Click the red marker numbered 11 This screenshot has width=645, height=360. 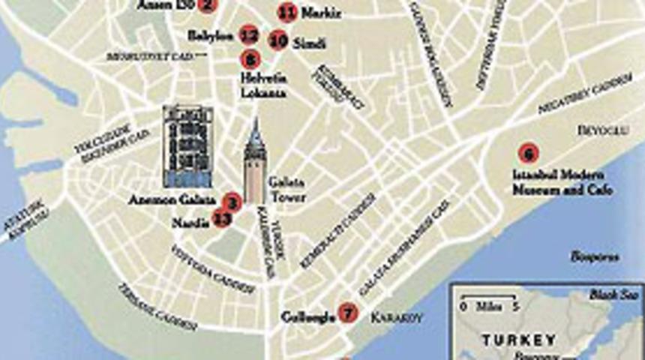286,12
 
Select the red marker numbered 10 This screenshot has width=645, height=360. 278,40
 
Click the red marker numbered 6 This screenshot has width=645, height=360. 528,154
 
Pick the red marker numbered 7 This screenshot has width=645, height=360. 346,312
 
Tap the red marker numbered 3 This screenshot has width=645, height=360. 232,201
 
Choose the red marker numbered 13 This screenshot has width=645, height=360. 221,219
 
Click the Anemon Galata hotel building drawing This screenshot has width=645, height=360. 187,146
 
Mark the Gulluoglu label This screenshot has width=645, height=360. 307,316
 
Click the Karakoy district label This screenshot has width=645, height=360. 397,317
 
